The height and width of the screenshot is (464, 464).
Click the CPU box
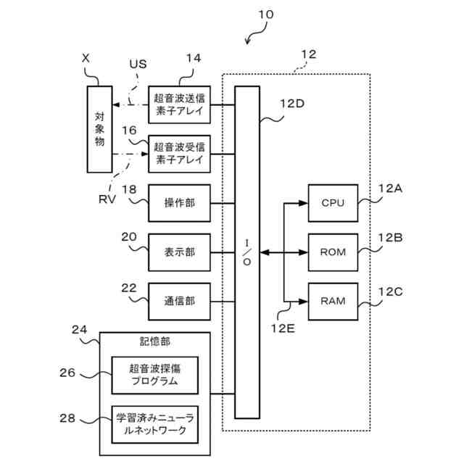(x=332, y=203)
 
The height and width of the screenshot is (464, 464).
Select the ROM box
(x=332, y=252)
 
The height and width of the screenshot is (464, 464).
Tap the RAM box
(x=332, y=300)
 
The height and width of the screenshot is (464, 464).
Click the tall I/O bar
(x=247, y=252)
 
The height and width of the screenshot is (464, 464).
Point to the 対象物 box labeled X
(x=100, y=130)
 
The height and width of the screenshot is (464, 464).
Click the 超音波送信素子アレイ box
(x=180, y=104)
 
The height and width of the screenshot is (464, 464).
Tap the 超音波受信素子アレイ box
(x=180, y=153)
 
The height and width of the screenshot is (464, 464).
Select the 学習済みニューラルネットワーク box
(x=154, y=423)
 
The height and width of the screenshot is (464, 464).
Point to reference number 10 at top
(x=266, y=14)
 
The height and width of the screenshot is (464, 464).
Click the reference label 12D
(x=291, y=103)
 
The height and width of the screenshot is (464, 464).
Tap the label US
(x=138, y=64)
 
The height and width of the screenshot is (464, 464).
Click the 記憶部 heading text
(x=154, y=341)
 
